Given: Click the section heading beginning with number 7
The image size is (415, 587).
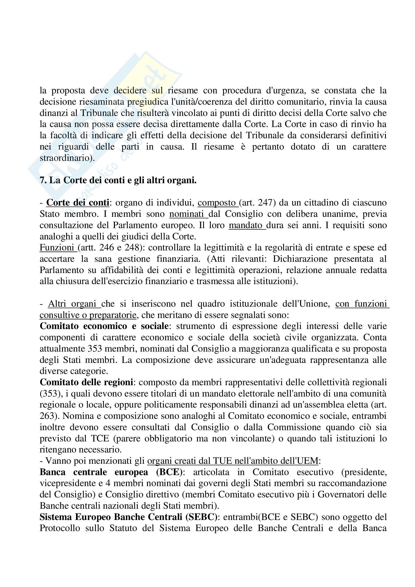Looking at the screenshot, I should tap(118, 180).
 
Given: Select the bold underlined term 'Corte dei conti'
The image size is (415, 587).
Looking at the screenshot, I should tap(78, 203).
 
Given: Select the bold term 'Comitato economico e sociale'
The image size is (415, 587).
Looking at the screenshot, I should tap(104, 326).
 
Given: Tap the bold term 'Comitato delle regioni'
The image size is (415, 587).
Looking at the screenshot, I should tap(86, 382).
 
